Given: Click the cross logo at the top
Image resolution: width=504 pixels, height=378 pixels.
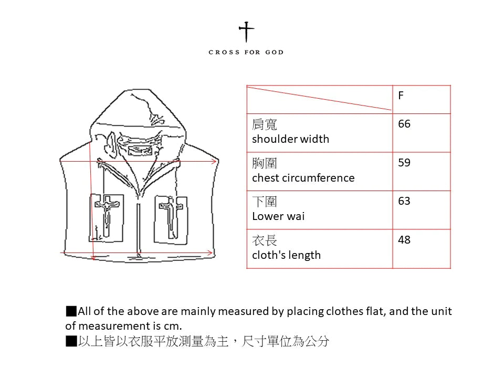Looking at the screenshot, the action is point(246,32).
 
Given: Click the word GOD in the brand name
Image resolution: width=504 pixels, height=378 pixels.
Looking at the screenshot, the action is point(275,52).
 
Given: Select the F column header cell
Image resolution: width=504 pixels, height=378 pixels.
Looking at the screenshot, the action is point(422,99).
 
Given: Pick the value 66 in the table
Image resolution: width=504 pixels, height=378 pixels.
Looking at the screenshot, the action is point(404,124).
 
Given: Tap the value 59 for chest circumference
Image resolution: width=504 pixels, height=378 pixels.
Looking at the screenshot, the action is point(404,162).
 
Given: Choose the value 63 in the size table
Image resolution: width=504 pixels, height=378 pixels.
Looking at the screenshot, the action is point(404,201).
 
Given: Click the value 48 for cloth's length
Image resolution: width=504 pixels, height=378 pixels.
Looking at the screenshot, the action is point(404,239).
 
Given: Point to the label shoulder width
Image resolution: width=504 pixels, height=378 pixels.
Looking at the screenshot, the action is point(290,139).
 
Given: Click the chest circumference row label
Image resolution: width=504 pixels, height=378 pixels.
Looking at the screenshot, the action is point(303,178).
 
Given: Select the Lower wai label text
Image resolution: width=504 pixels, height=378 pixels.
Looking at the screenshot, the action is point(278,216).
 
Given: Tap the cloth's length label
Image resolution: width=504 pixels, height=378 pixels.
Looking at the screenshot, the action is point(287,255).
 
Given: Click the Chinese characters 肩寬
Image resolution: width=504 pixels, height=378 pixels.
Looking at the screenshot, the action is point(265,124).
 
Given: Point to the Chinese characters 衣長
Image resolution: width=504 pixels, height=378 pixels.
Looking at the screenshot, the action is point(265,240).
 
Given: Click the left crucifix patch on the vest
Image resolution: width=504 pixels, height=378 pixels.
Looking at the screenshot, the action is point(107,217).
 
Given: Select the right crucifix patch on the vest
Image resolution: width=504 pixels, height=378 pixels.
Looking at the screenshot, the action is point(171,219).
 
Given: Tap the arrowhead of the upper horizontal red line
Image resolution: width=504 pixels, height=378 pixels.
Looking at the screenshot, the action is point(214,161).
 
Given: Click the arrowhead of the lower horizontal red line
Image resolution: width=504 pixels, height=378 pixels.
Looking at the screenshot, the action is point(209,253).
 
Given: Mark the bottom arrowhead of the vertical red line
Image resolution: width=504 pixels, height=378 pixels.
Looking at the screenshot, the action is point(93,257).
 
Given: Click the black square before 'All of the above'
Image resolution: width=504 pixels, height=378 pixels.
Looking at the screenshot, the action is point(71,311).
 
